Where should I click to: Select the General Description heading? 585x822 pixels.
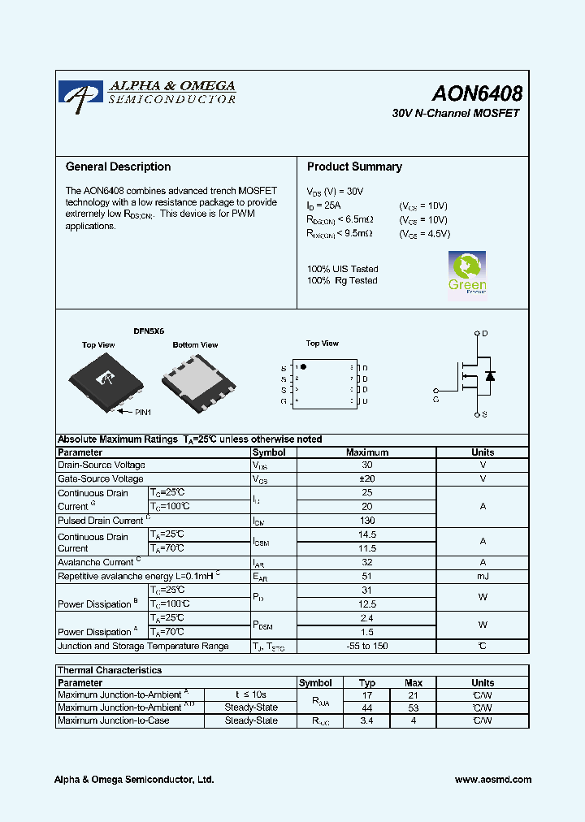[x=118, y=167]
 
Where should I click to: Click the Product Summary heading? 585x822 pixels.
[x=354, y=167]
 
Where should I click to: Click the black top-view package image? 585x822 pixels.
[x=105, y=380]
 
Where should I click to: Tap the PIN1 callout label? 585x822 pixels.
[x=143, y=413]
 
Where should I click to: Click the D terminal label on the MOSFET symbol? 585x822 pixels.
[x=485, y=334]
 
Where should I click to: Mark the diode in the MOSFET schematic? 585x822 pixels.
[x=490, y=375]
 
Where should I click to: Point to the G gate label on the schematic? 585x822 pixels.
[x=436, y=400]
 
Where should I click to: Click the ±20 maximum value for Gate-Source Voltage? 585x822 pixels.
[x=366, y=479]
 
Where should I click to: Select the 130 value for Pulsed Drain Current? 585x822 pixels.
[x=366, y=521]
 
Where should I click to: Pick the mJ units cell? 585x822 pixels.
[x=483, y=576]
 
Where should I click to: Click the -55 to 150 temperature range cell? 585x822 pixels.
[x=366, y=647]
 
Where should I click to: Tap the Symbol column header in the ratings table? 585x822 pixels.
[x=269, y=452]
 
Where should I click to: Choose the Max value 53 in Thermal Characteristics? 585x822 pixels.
[x=414, y=708]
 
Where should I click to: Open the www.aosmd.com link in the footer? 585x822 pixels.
[x=493, y=780]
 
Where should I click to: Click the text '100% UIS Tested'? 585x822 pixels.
[x=342, y=269]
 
